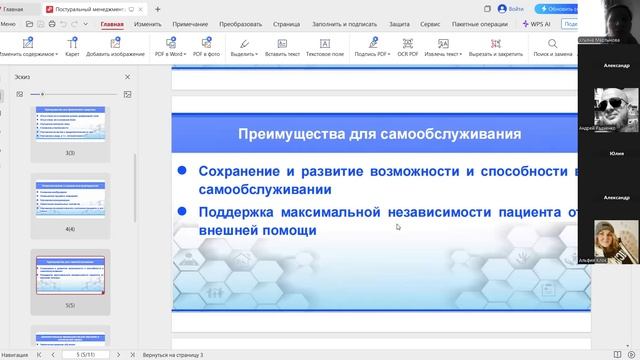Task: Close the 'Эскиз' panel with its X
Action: [127, 77]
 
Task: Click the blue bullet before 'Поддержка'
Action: [182, 211]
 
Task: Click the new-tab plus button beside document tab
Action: [157, 8]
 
